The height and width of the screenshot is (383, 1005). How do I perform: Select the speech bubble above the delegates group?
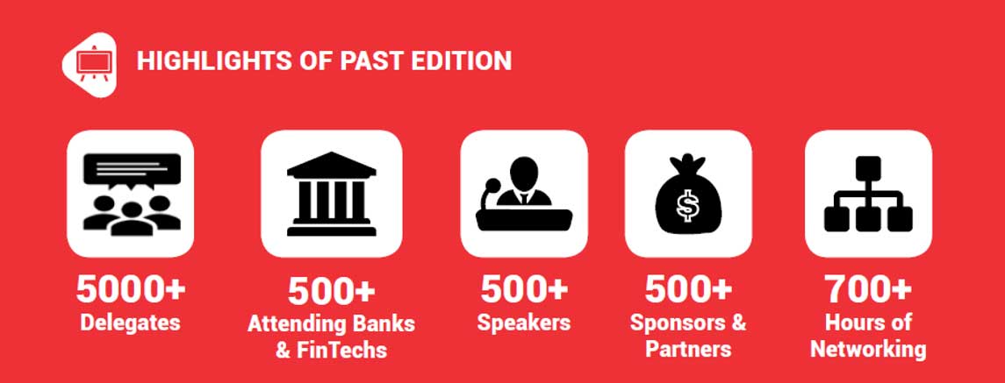coord(132,170)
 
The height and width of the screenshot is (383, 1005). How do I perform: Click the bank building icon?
coord(332,194)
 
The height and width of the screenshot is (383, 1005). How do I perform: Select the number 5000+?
coord(130,289)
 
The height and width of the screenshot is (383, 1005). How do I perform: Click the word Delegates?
coord(130,323)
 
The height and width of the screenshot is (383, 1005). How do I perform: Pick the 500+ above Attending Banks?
coord(332,291)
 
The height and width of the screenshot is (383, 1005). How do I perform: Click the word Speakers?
coord(524,323)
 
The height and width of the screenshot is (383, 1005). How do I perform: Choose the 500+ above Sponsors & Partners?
coord(688,289)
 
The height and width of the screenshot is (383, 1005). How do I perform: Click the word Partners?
coord(688,349)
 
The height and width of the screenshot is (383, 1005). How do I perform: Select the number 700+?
coord(868,289)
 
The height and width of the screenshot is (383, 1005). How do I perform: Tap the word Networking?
coord(868,350)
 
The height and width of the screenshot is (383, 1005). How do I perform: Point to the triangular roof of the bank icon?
coord(332,163)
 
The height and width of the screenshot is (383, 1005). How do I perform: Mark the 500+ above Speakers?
coord(524,289)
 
